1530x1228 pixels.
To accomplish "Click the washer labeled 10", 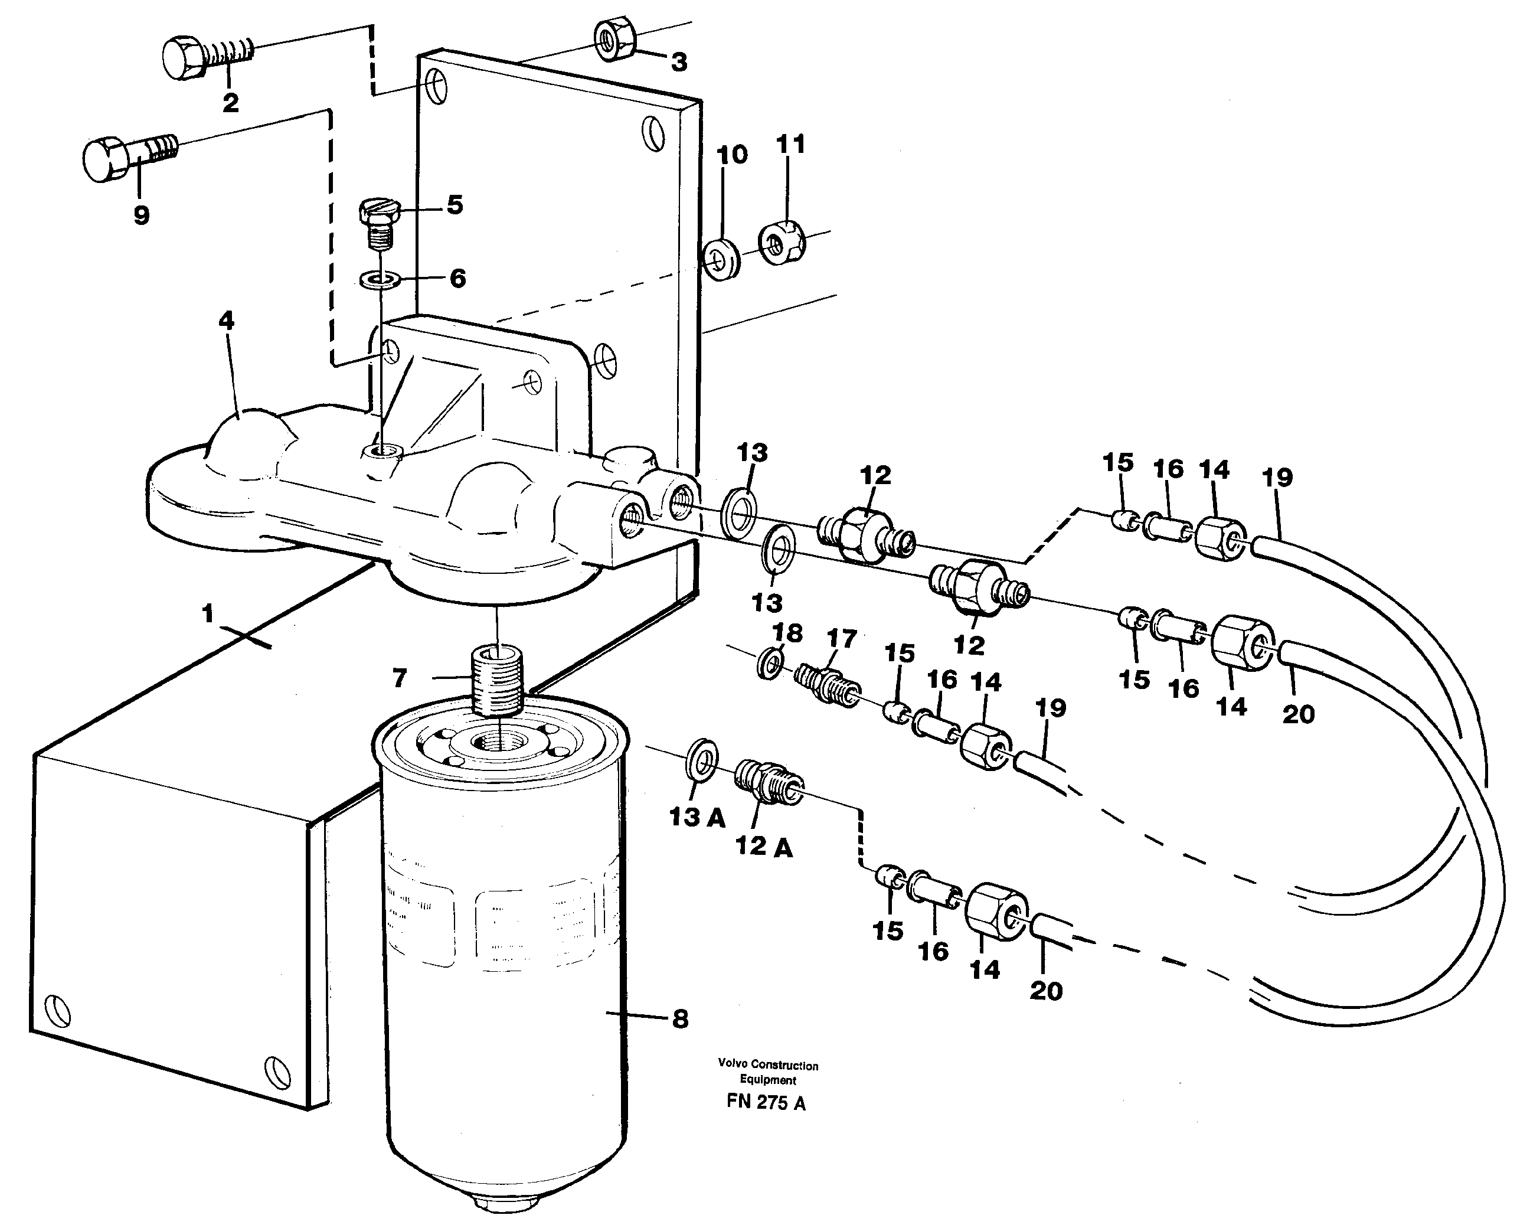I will point(721,260).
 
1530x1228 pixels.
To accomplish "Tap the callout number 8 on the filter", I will point(679,1020).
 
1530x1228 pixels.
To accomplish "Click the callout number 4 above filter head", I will point(225,321).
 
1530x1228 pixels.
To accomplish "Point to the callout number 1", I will point(207,613).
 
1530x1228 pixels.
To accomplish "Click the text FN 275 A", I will point(766,1102).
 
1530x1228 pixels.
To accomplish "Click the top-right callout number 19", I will point(1277,477).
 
